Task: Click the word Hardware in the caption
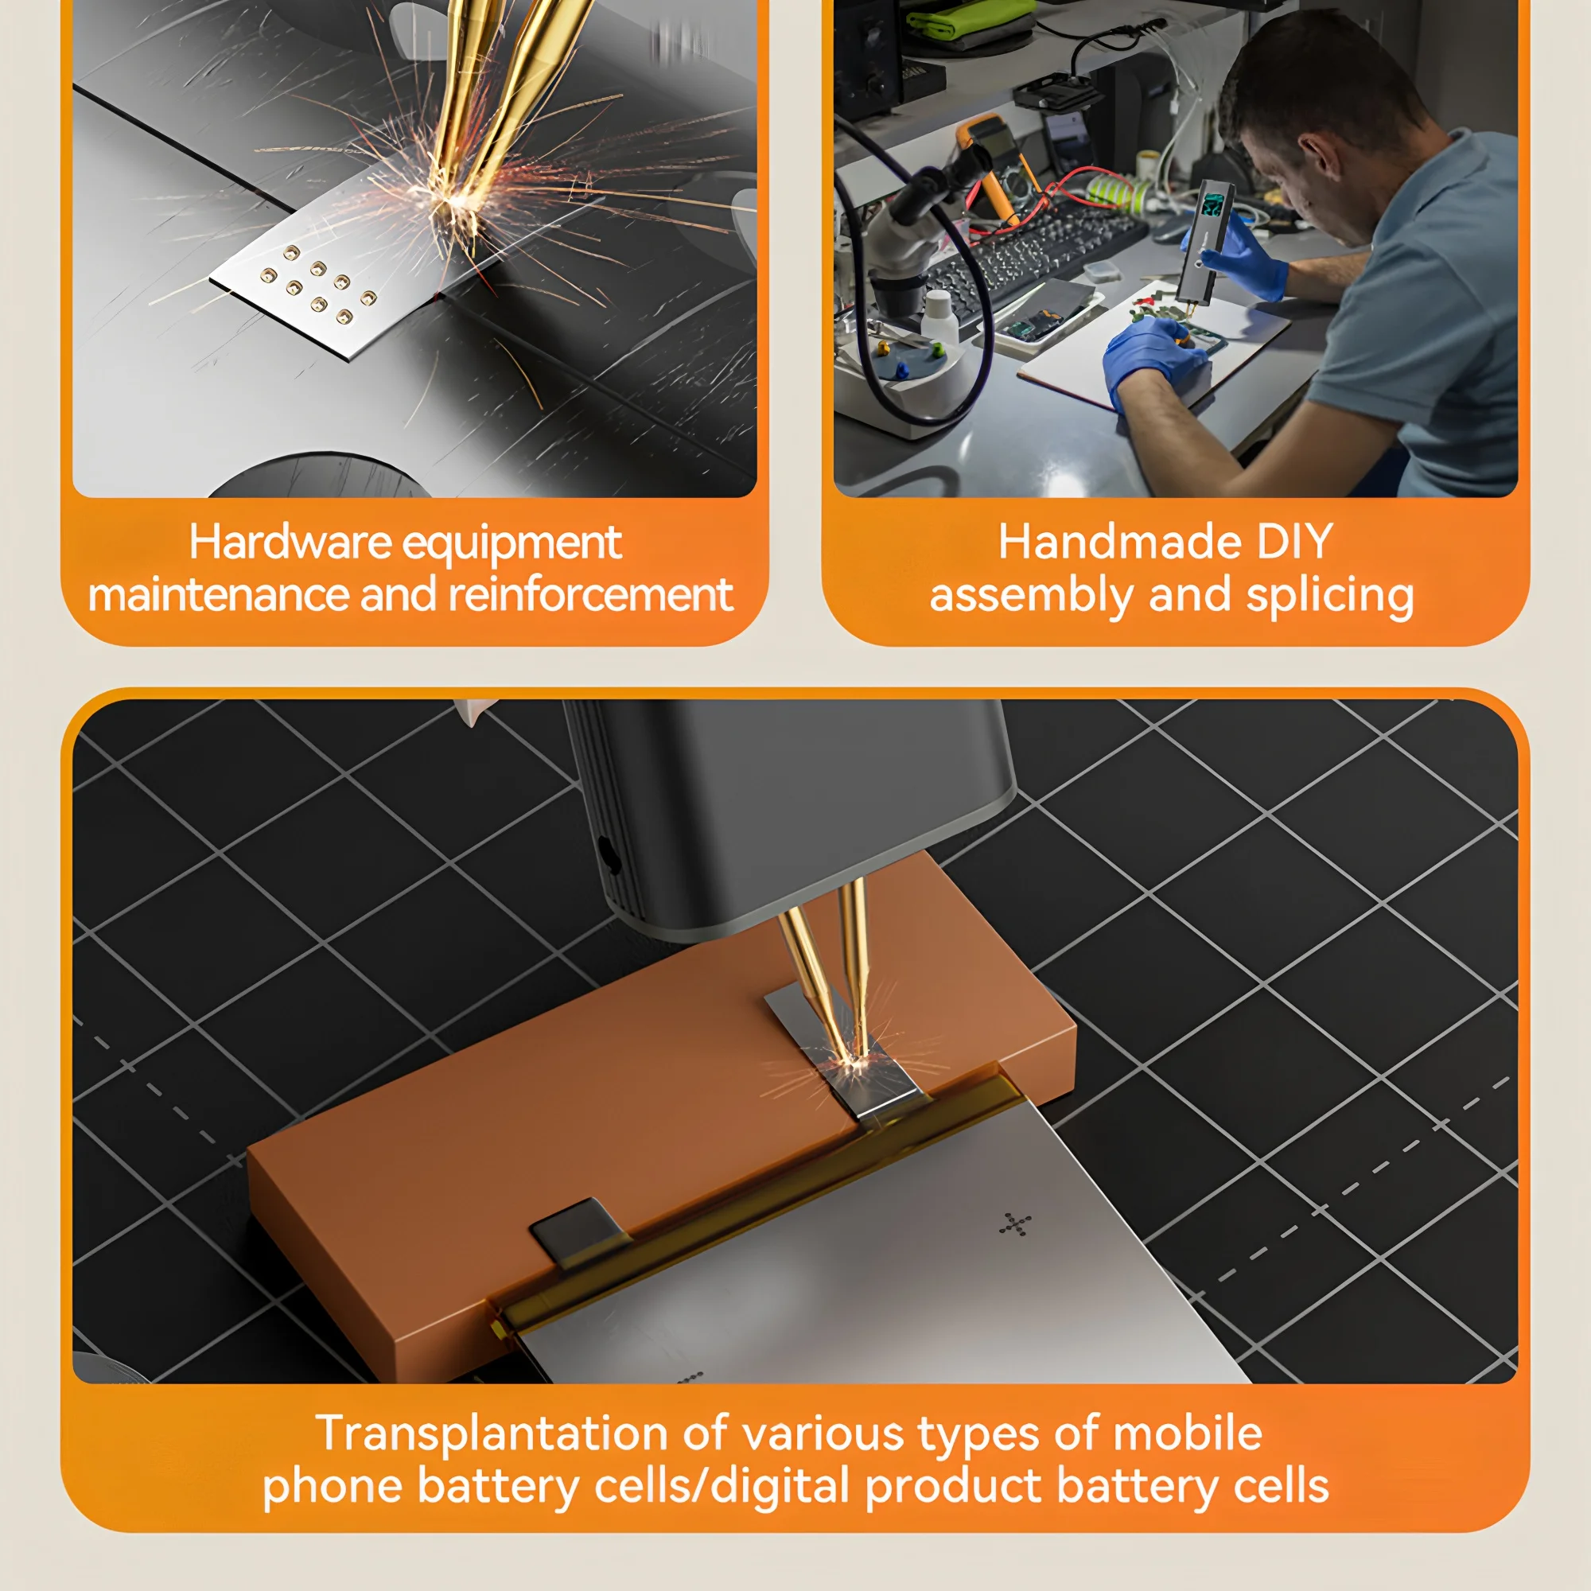point(290,542)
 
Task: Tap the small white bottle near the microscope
point(939,318)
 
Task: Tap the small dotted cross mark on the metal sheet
point(1015,1223)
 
